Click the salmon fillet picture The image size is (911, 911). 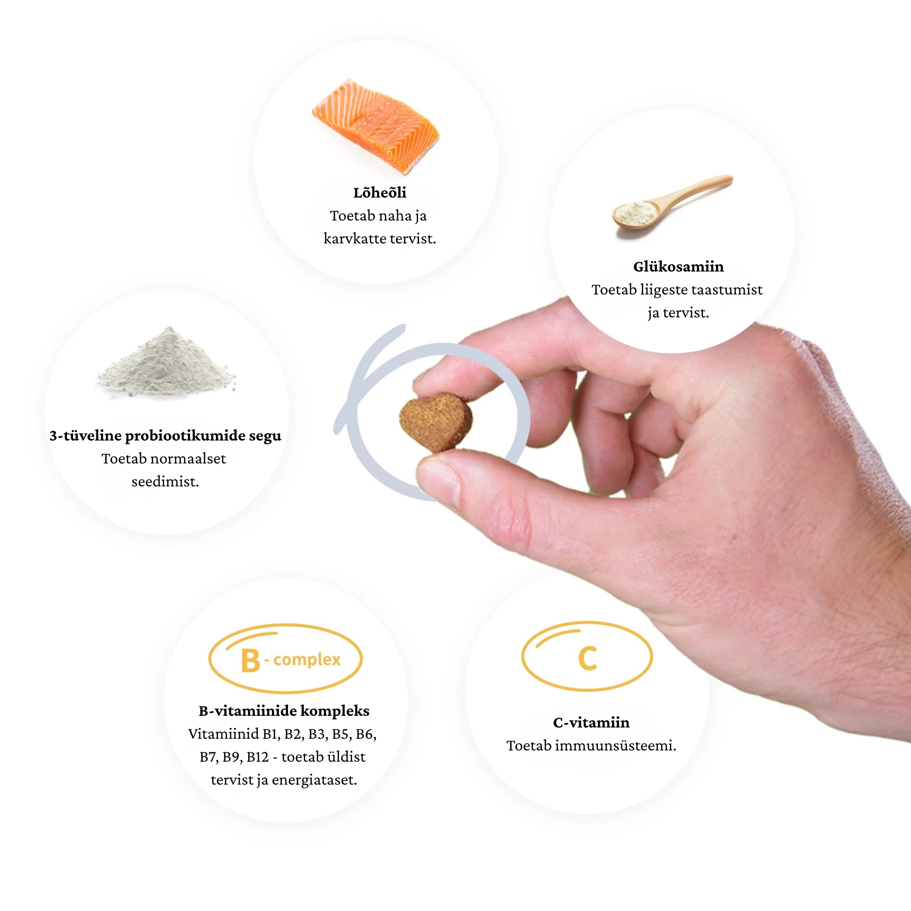coord(376,126)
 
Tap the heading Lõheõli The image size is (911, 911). coord(380,192)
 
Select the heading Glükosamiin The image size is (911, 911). coord(678,266)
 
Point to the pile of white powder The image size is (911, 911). coord(166,362)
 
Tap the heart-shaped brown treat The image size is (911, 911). coord(436,421)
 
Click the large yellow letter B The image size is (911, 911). coord(250,661)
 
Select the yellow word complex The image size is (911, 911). coord(307,660)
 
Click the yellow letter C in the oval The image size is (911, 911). coord(588,658)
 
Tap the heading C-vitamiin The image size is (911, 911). coord(591,722)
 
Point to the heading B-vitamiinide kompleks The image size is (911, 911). coord(284,711)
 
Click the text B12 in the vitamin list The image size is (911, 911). coord(257,757)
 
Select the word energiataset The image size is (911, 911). coord(315,780)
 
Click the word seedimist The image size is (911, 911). coord(165,481)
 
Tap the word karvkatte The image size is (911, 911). coord(354,239)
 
